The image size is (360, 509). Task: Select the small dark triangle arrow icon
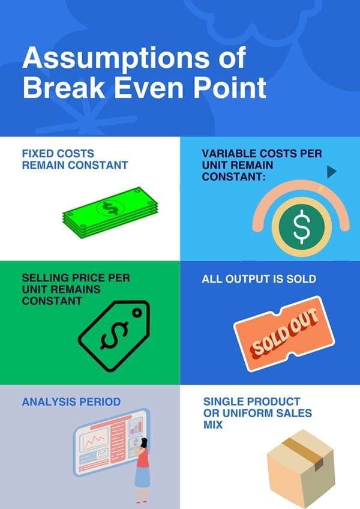point(331,172)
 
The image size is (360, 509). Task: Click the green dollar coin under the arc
point(301,226)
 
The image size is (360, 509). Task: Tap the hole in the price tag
point(137,312)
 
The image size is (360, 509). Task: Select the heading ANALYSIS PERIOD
point(71,402)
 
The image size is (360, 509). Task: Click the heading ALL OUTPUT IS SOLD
point(259,279)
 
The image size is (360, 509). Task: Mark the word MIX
point(213,424)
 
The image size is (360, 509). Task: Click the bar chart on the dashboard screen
point(136,427)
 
